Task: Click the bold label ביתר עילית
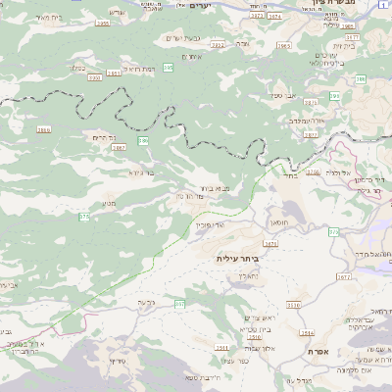pos(239,257)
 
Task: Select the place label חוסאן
pos(277,222)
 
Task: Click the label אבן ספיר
pos(283,96)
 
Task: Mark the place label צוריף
pos(117,362)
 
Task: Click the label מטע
pos(109,203)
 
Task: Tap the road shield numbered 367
pos(179,305)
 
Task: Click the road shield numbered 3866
pos(43,128)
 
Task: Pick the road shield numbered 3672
pos(343,277)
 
